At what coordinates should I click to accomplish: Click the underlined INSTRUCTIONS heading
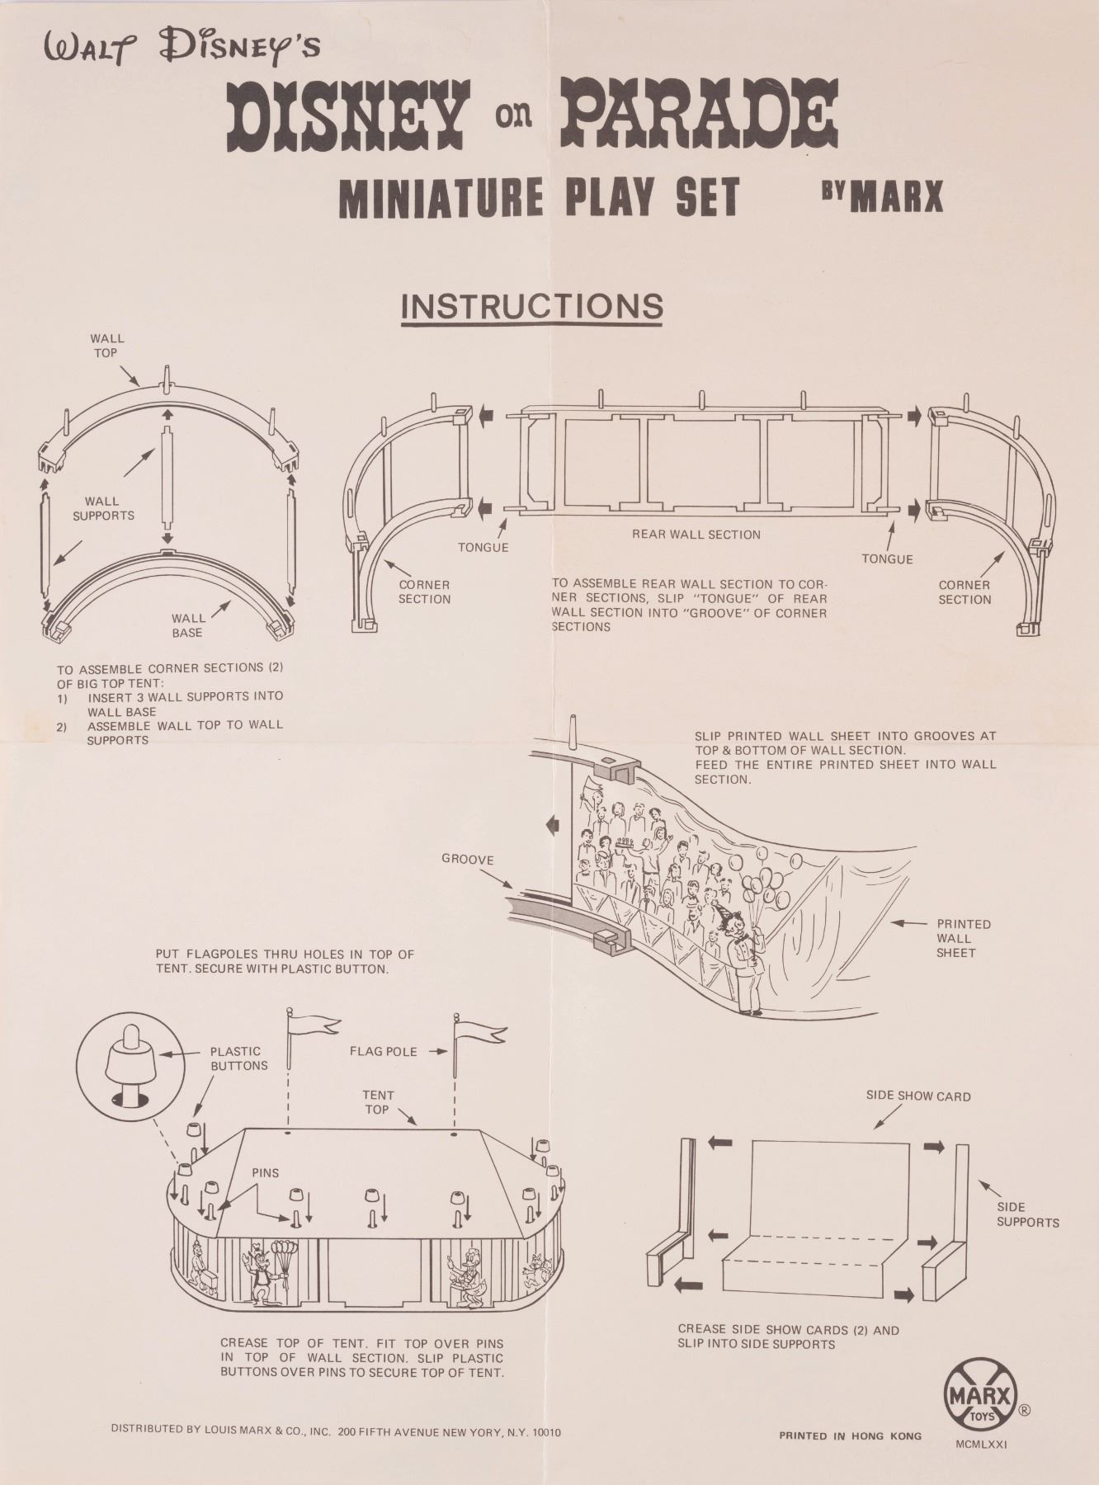pyautogui.click(x=532, y=306)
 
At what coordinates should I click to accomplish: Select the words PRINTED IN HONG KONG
pyautogui.click(x=850, y=1435)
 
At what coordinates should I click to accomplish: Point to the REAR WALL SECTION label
pyautogui.click(x=696, y=535)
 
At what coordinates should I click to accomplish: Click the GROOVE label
pyautogui.click(x=468, y=860)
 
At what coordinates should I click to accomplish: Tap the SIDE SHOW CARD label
pyautogui.click(x=918, y=1096)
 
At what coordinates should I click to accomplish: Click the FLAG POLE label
pyautogui.click(x=383, y=1052)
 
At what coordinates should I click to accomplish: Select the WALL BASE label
pyautogui.click(x=188, y=625)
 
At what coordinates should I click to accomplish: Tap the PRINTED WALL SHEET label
pyautogui.click(x=963, y=938)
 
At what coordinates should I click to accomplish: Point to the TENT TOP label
pyautogui.click(x=378, y=1102)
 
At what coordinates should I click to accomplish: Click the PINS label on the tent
pyautogui.click(x=266, y=1172)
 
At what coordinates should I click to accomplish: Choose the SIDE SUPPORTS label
pyautogui.click(x=1027, y=1214)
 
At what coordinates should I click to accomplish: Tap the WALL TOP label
pyautogui.click(x=107, y=345)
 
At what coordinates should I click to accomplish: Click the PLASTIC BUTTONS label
pyautogui.click(x=238, y=1058)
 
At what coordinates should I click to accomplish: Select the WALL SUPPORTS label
pyautogui.click(x=102, y=508)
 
